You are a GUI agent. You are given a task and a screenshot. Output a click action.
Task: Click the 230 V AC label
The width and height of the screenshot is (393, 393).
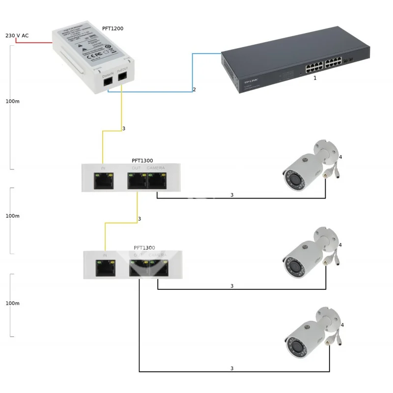coord(17,36)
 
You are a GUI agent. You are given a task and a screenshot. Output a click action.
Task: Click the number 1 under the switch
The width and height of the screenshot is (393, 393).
coord(314,78)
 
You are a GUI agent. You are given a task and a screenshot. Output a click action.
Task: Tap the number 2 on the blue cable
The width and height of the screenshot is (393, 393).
coord(195,89)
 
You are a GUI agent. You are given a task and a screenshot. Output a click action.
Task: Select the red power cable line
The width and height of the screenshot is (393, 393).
coord(34,42)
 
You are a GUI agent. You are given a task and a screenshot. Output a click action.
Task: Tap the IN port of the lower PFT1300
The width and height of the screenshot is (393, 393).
coord(106,268)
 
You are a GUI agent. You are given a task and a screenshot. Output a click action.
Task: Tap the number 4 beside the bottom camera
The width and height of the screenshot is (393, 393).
coord(342,325)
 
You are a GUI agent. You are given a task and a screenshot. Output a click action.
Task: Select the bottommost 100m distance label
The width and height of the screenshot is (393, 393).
coord(12,303)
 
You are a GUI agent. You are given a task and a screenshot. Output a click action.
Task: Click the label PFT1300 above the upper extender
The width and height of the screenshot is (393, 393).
coord(142,161)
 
